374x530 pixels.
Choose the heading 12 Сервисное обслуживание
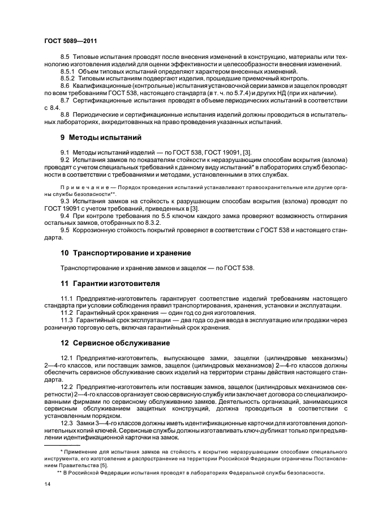[113, 343]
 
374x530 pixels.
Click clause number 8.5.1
[68, 71]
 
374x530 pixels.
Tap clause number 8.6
[65, 86]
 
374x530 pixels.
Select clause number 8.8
[65, 114]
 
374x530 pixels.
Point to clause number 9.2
[65, 160]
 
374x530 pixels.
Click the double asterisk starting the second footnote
[59, 472]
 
